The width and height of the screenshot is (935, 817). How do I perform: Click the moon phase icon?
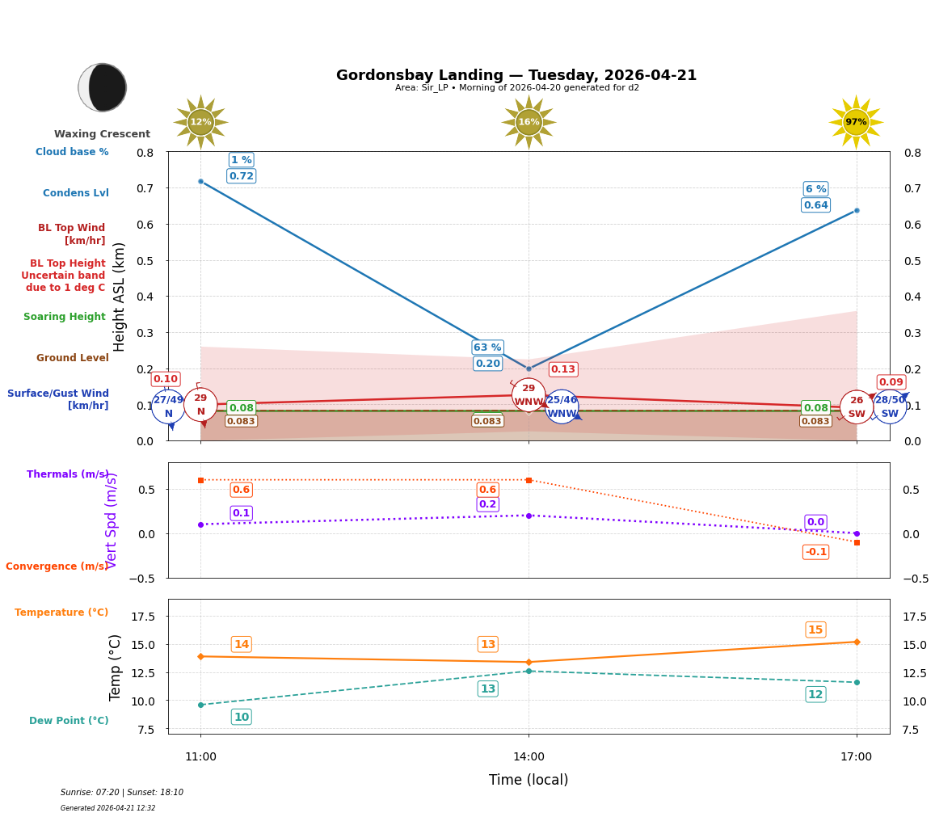pyautogui.click(x=103, y=87)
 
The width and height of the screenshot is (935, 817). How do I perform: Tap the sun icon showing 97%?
pyautogui.click(x=856, y=122)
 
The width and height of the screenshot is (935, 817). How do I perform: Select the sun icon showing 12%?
pyautogui.click(x=200, y=122)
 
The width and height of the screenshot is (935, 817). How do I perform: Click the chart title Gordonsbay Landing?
pyautogui.click(x=516, y=75)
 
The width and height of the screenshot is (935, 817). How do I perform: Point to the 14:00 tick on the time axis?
pyautogui.click(x=529, y=756)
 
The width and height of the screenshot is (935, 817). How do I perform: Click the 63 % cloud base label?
pyautogui.click(x=487, y=347)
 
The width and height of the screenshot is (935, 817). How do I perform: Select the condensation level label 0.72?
pyautogui.click(x=241, y=176)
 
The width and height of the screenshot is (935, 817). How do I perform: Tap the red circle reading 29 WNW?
pyautogui.click(x=529, y=395)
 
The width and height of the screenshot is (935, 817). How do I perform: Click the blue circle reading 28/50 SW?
pyautogui.click(x=890, y=406)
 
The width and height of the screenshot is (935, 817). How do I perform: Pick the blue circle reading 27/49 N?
pyautogui.click(x=168, y=406)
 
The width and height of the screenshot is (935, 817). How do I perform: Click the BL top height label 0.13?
pyautogui.click(x=562, y=369)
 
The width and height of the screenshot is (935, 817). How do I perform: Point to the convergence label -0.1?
pyautogui.click(x=815, y=552)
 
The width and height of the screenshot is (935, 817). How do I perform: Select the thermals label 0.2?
pyautogui.click(x=487, y=504)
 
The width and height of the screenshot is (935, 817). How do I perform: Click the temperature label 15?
pyautogui.click(x=815, y=630)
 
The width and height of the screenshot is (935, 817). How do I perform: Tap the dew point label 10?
pyautogui.click(x=241, y=717)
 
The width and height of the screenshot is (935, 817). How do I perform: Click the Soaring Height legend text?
pyautogui.click(x=65, y=317)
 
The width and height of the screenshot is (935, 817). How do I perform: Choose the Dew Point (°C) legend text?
pyautogui.click(x=69, y=721)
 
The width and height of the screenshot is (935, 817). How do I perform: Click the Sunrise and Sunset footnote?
pyautogui.click(x=122, y=793)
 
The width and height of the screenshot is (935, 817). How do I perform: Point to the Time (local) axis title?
pyautogui.click(x=529, y=780)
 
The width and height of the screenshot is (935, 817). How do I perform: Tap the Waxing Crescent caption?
pyautogui.click(x=102, y=134)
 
